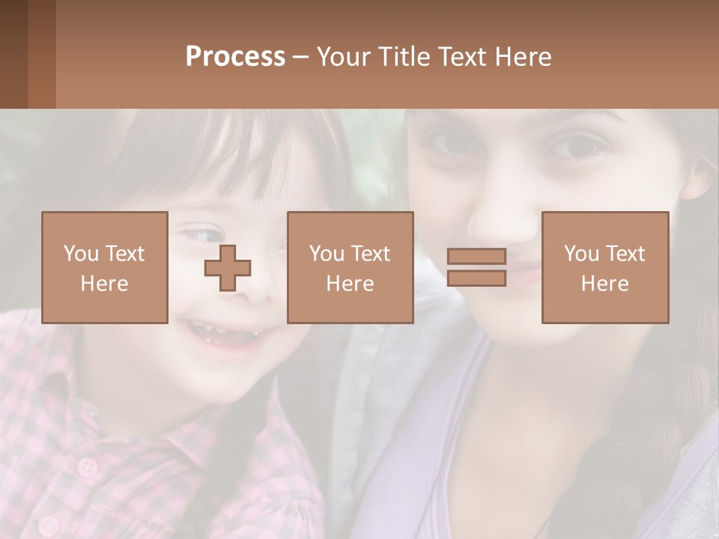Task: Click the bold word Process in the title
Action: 235,57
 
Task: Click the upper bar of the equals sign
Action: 476,256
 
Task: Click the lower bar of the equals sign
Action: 476,278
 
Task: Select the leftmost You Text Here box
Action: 105,267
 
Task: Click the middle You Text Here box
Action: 351,267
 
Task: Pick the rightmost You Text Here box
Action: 605,267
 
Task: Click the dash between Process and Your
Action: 301,58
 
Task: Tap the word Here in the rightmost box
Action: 605,284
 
